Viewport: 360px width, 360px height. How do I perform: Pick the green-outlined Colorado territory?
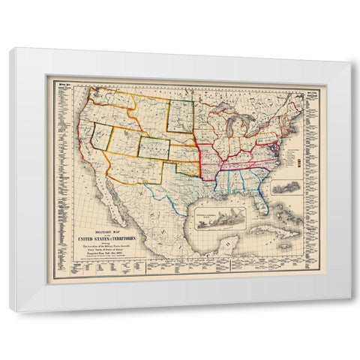(154, 148)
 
